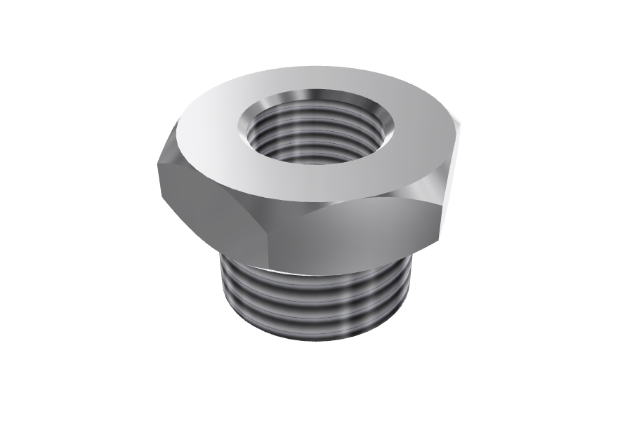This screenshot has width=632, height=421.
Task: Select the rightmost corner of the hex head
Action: click(463, 126)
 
